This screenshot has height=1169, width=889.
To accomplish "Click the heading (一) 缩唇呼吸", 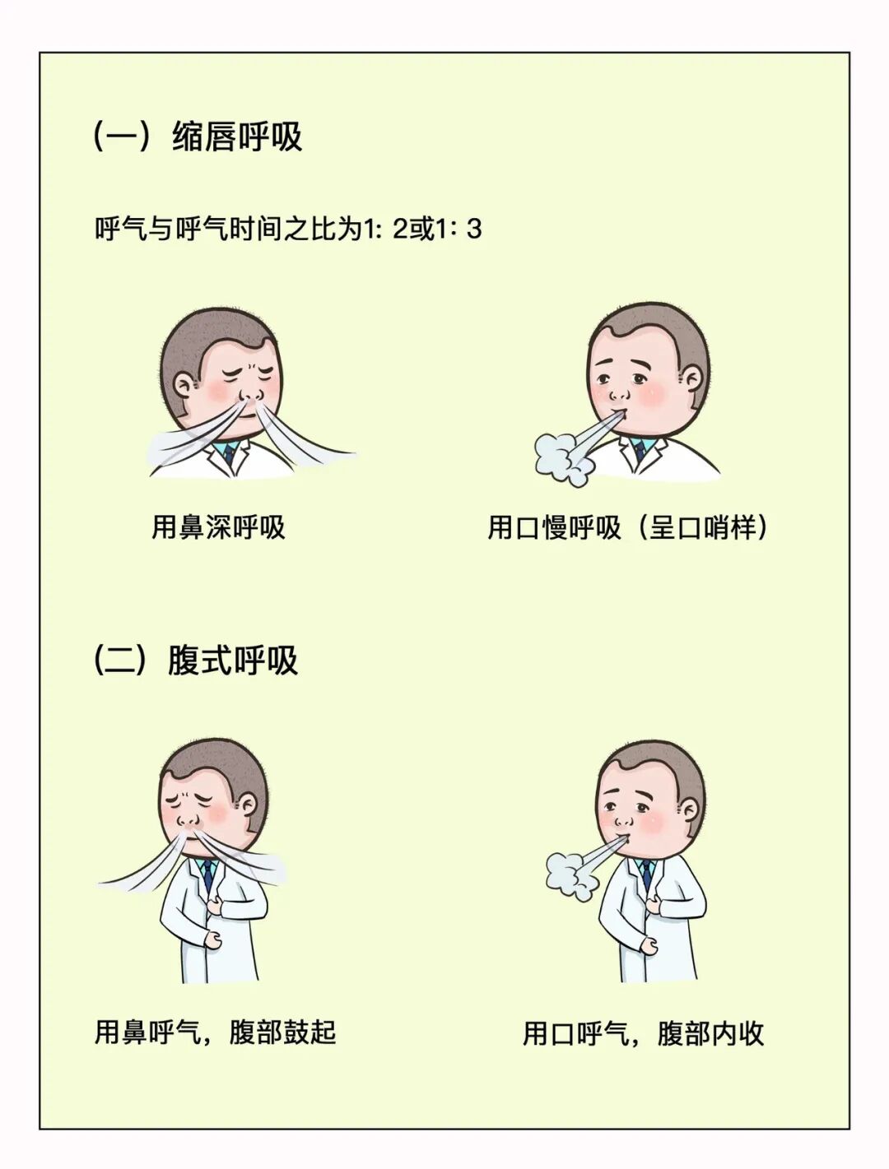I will pyautogui.click(x=198, y=136).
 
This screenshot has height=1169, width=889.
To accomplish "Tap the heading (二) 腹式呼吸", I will pyautogui.click(x=195, y=660).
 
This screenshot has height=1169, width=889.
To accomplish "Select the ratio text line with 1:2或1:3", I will pyautogui.click(x=288, y=229).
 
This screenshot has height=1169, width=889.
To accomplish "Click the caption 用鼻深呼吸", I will pyautogui.click(x=218, y=527).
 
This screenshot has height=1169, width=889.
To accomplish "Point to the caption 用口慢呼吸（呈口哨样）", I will pyautogui.click(x=630, y=527).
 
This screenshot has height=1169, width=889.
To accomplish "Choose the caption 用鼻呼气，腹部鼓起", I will pyautogui.click(x=216, y=1032).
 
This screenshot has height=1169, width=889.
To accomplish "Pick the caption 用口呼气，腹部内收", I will pyautogui.click(x=644, y=1033).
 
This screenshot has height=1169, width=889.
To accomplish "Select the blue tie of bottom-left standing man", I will pyautogui.click(x=211, y=874).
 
